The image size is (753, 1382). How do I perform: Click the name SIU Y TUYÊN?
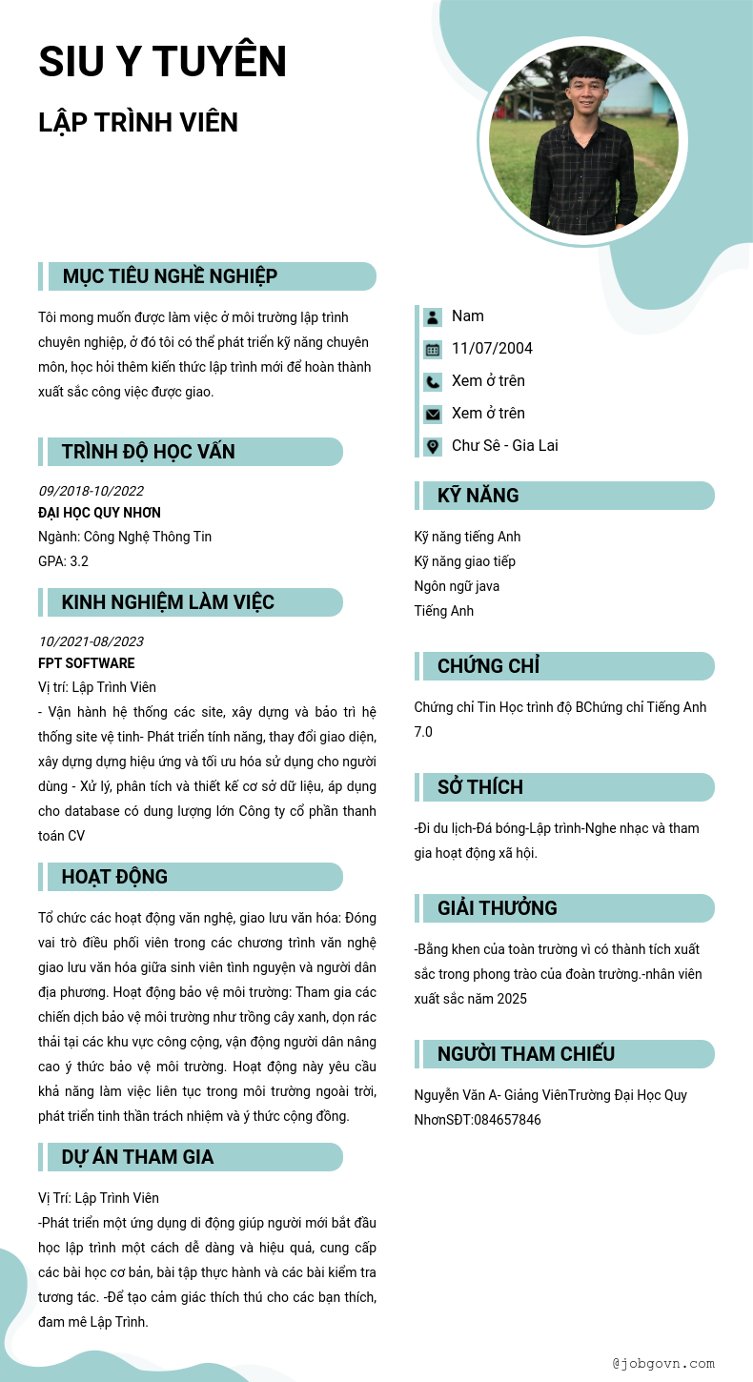pos(162,62)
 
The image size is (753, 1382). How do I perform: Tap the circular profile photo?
pos(583,141)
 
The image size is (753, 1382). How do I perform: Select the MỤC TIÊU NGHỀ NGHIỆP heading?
pos(170,276)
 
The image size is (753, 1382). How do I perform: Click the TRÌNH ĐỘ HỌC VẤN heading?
pos(148,452)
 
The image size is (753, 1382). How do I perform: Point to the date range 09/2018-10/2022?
pos(91,491)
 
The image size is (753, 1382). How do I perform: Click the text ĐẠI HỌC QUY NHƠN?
pos(99,513)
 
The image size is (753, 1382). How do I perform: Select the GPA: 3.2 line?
pos(63,561)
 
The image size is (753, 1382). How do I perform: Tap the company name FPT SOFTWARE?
pos(87,663)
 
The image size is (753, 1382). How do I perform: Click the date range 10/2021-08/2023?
pos(91,641)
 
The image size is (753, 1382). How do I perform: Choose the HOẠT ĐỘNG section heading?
pos(114,877)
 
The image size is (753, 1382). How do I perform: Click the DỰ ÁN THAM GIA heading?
pos(137,1157)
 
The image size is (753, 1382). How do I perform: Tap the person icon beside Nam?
pos(433,316)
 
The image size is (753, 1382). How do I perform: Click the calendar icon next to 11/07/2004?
pos(433,349)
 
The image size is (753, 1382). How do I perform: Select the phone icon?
pos(433,381)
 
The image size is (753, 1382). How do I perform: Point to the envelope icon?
pos(433,414)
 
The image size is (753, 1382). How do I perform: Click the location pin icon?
pos(433,446)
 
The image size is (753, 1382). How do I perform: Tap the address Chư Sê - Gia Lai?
pos(505,446)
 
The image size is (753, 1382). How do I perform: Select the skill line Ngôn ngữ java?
pos(457,586)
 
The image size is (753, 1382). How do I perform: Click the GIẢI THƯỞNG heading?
pos(497,908)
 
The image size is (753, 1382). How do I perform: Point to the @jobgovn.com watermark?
pos(663,1364)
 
